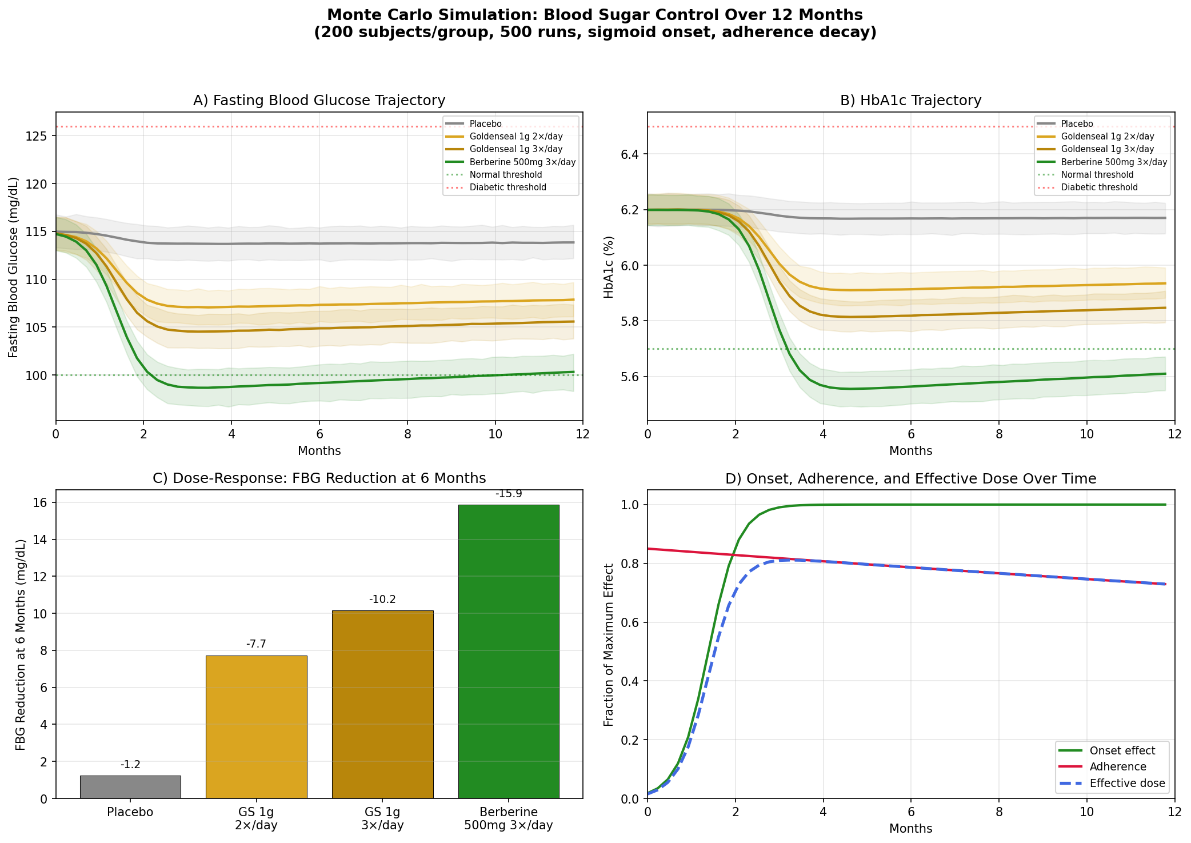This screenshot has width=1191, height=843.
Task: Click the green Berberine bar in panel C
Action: coord(509,652)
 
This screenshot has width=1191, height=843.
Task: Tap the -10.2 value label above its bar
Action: coord(382,600)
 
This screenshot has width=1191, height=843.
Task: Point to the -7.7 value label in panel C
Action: coord(256,644)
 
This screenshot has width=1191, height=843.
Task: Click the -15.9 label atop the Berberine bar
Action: coord(509,494)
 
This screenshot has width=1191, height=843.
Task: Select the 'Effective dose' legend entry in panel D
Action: coord(1127,783)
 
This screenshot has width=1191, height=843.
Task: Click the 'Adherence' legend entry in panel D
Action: coord(1118,767)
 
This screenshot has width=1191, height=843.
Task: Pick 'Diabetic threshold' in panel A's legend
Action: coord(507,187)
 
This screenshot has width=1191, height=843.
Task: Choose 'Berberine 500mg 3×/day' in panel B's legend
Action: coord(1114,162)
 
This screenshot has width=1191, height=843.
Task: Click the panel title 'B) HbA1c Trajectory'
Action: coord(910,101)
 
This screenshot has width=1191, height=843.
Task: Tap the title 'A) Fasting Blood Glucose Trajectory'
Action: coord(319,101)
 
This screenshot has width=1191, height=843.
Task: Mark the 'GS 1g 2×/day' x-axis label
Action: coord(256,818)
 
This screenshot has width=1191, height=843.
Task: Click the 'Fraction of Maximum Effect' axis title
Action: coord(609,645)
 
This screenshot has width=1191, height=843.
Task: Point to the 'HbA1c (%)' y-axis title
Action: coord(609,267)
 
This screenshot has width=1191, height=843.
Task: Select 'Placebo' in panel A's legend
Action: coord(485,124)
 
